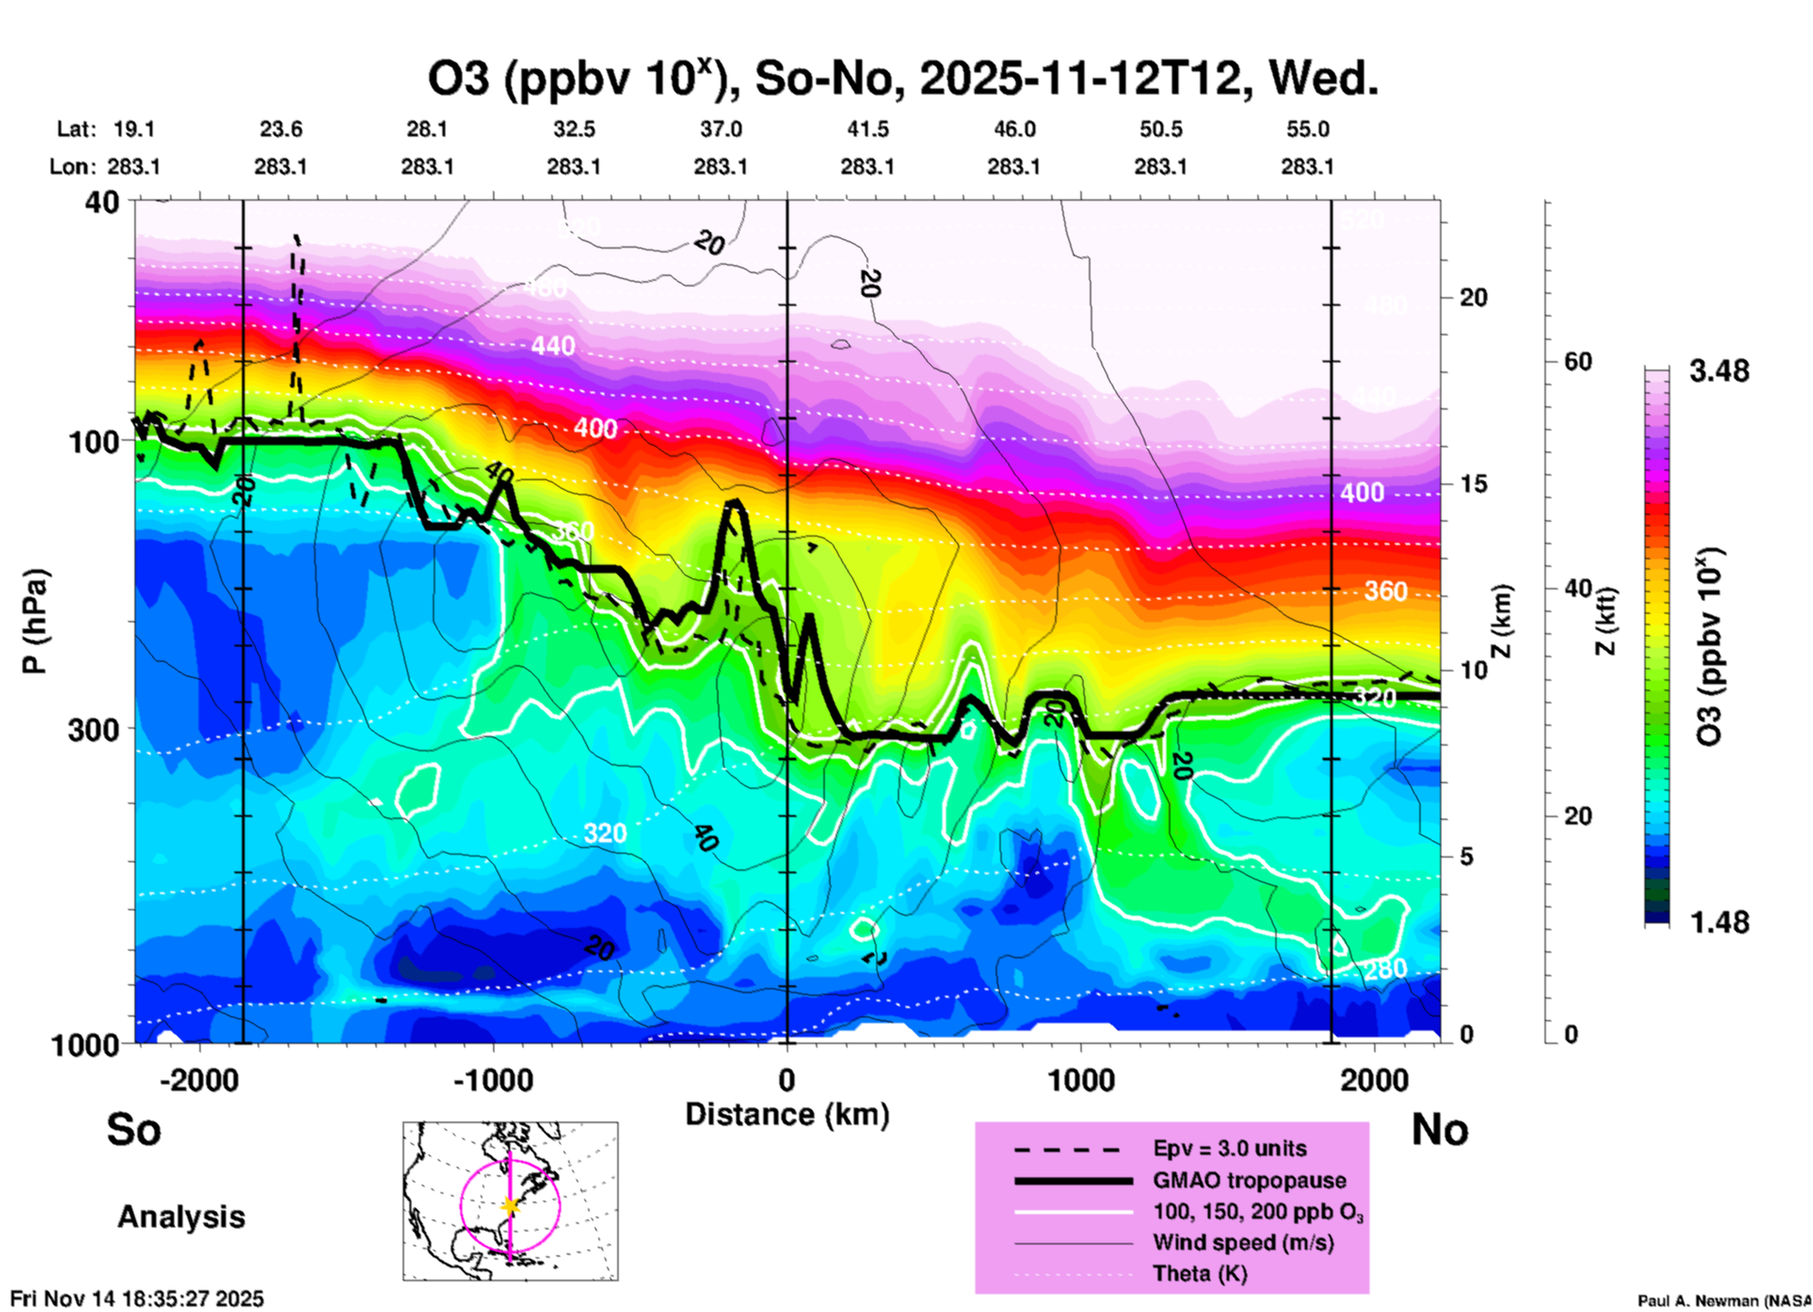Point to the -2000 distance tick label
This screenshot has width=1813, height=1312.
click(x=199, y=1080)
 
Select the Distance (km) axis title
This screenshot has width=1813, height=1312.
click(x=787, y=1114)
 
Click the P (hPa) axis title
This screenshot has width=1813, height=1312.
click(x=35, y=621)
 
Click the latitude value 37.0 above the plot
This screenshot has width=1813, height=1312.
click(x=720, y=129)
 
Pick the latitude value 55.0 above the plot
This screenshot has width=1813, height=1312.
click(x=1307, y=129)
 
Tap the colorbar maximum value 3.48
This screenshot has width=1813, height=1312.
click(x=1719, y=372)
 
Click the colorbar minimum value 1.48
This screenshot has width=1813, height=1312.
click(x=1719, y=922)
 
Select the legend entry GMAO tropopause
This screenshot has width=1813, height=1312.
click(x=1249, y=1180)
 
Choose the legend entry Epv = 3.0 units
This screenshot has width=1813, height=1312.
click(x=1229, y=1148)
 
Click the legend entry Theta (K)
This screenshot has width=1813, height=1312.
click(x=1199, y=1274)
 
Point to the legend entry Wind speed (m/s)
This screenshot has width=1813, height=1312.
click(x=1243, y=1243)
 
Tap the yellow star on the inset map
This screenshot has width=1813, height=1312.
click(x=510, y=1206)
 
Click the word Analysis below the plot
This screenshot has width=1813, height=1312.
click(x=181, y=1217)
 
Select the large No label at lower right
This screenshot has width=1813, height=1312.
click(x=1439, y=1129)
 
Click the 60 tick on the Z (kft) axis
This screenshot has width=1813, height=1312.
click(x=1578, y=361)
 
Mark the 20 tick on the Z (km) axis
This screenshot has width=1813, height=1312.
click(x=1473, y=298)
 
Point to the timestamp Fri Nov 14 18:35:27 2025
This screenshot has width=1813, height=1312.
click(x=137, y=1299)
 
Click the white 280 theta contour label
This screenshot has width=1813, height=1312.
click(x=1386, y=969)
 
